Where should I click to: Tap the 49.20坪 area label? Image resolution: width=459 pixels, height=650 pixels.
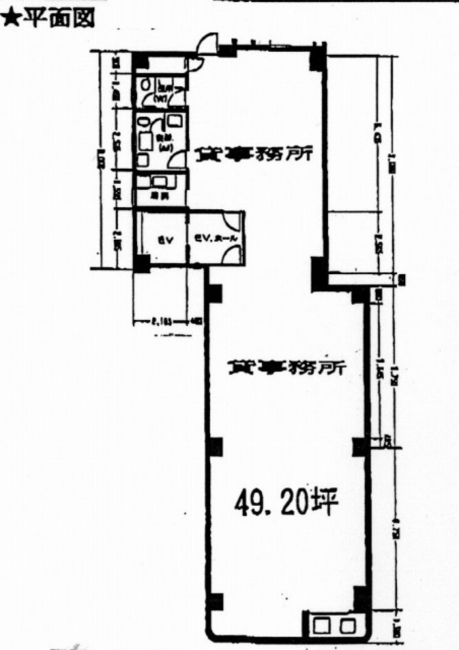(x=286, y=503)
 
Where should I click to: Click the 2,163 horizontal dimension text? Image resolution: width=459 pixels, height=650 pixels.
(x=160, y=321)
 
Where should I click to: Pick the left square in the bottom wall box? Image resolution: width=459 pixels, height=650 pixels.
(x=321, y=626)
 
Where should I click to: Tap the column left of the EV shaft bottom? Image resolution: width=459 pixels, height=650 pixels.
(x=141, y=263)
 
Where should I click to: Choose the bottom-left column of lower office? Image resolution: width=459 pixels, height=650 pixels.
(x=215, y=602)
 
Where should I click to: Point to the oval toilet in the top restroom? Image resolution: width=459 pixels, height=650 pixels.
(x=145, y=85)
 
